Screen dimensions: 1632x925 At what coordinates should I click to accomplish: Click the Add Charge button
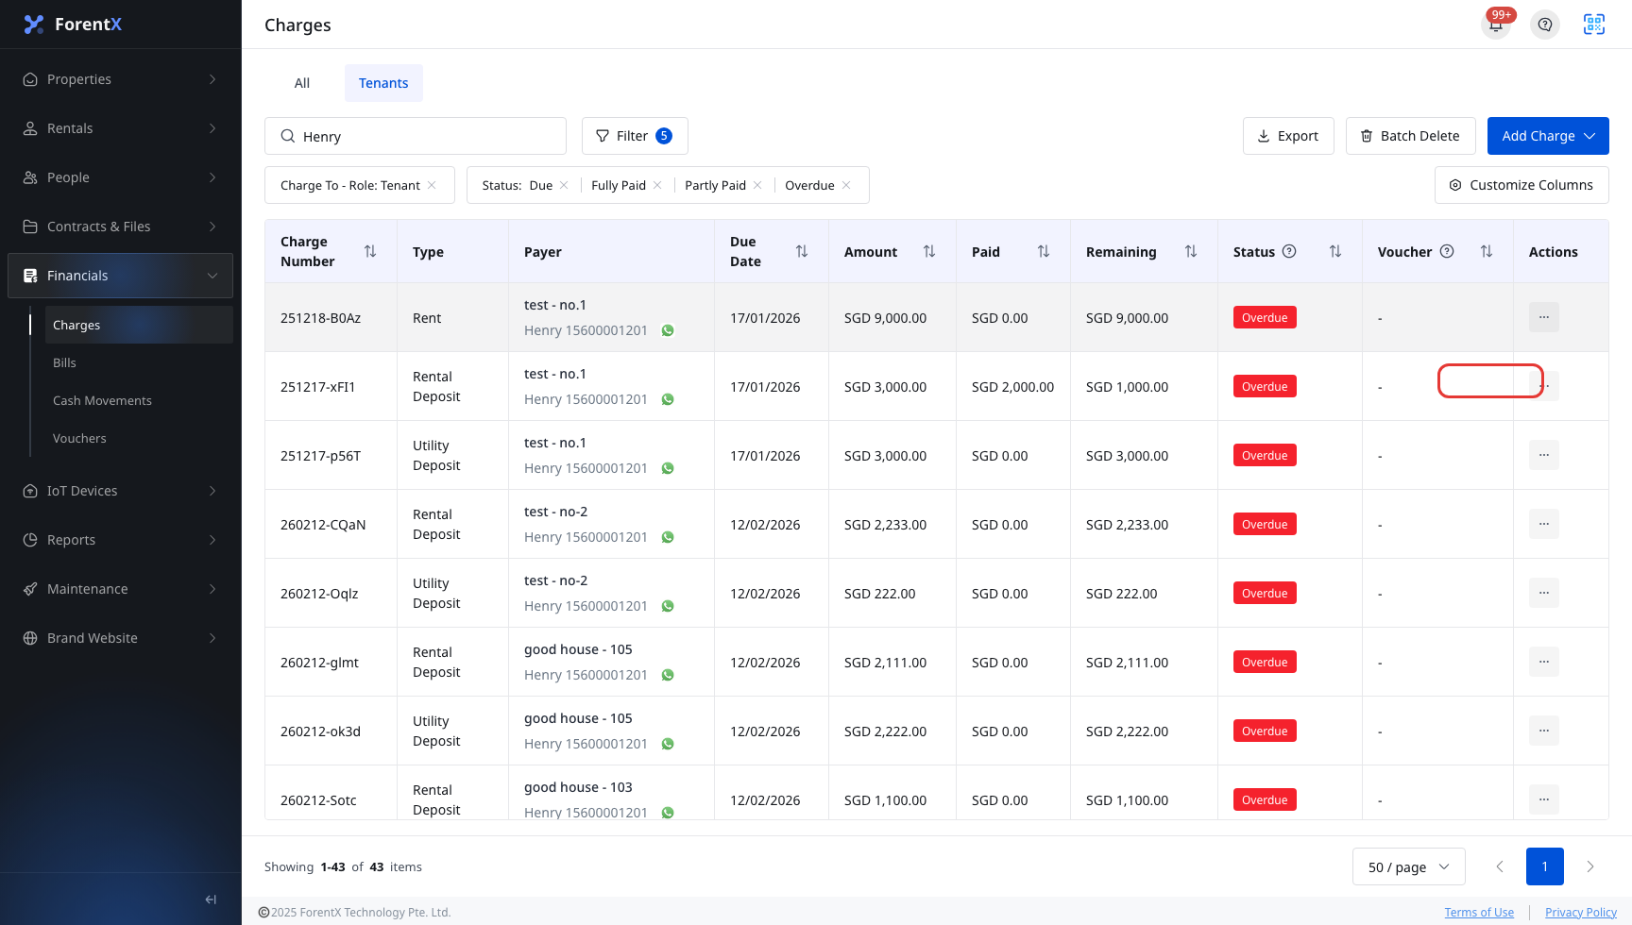pos(1547,136)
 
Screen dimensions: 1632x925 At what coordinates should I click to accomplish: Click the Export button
pos(1288,136)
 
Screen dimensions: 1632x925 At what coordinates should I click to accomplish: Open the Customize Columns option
pos(1521,185)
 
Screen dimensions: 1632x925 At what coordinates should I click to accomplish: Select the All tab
pos(302,83)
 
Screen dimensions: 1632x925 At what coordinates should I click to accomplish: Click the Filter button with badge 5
pos(635,136)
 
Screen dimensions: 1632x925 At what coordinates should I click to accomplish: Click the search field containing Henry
pos(416,136)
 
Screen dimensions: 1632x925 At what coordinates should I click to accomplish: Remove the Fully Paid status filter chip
pos(657,185)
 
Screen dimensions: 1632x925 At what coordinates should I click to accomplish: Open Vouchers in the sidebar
pos(79,438)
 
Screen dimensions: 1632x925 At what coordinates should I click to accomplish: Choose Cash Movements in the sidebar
pos(102,400)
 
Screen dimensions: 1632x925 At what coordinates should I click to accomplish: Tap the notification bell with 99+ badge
pos(1496,25)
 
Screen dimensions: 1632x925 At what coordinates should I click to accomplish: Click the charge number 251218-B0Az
pos(320,318)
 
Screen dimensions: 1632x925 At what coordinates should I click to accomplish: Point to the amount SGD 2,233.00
pos(885,525)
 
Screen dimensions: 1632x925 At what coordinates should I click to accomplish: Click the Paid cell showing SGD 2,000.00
pos(1012,387)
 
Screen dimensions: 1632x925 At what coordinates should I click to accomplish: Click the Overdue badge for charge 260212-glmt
pos(1265,662)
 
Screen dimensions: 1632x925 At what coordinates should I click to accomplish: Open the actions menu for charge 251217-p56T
pos(1544,455)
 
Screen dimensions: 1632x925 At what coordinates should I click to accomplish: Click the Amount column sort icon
pos(929,251)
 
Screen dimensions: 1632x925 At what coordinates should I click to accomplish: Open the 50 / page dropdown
pos(1408,866)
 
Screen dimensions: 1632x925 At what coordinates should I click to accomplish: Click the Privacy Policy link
pos(1581,912)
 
